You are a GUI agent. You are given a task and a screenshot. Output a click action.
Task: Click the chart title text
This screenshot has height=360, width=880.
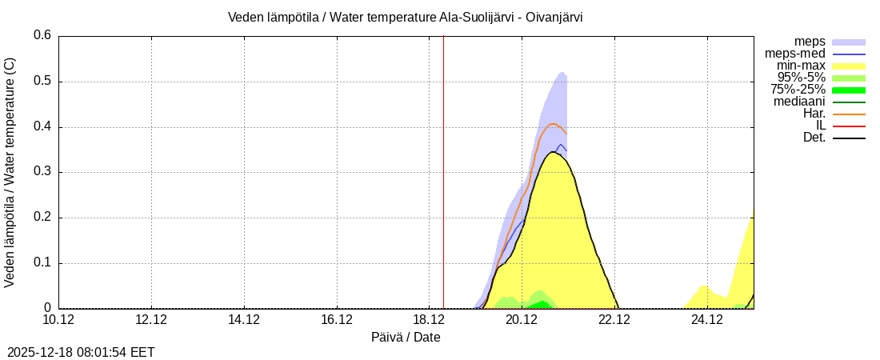click(x=405, y=17)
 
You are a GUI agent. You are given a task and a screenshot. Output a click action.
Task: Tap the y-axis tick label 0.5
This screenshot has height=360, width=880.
click(x=42, y=81)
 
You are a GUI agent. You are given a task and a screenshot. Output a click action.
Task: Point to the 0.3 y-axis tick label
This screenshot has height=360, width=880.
click(x=42, y=172)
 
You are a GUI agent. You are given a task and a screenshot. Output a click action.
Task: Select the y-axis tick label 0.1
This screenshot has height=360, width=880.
click(x=42, y=263)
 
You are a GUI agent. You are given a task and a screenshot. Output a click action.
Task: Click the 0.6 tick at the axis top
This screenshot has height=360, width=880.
click(x=42, y=35)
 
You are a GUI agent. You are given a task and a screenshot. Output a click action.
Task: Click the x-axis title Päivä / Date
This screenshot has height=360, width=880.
click(x=406, y=338)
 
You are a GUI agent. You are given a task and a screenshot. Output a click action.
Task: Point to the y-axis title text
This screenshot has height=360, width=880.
click(x=10, y=172)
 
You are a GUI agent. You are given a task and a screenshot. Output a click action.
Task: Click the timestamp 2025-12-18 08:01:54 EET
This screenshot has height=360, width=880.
click(x=81, y=352)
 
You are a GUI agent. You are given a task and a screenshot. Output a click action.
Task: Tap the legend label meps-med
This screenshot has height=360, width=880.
click(x=795, y=53)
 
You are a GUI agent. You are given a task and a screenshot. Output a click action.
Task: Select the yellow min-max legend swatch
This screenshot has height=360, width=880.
click(x=849, y=66)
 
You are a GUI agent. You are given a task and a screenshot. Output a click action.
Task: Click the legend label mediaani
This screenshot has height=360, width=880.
click(x=799, y=102)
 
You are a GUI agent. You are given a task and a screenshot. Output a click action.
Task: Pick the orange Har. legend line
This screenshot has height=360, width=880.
click(x=849, y=114)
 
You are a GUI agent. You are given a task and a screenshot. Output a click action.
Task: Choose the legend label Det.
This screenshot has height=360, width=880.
click(x=814, y=138)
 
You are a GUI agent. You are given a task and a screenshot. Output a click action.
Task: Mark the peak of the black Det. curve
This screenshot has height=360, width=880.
click(x=554, y=152)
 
